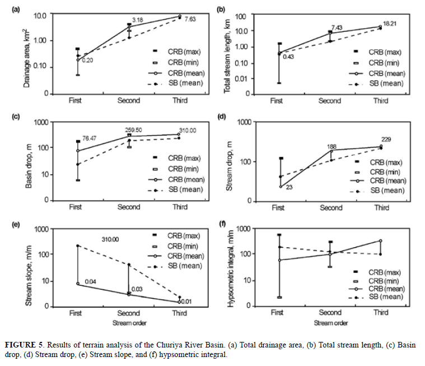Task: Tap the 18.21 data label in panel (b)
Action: (390, 23)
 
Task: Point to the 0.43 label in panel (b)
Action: (289, 57)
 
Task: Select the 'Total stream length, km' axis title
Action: (228, 54)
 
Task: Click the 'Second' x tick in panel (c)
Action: (129, 207)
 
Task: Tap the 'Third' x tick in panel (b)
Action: (381, 101)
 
